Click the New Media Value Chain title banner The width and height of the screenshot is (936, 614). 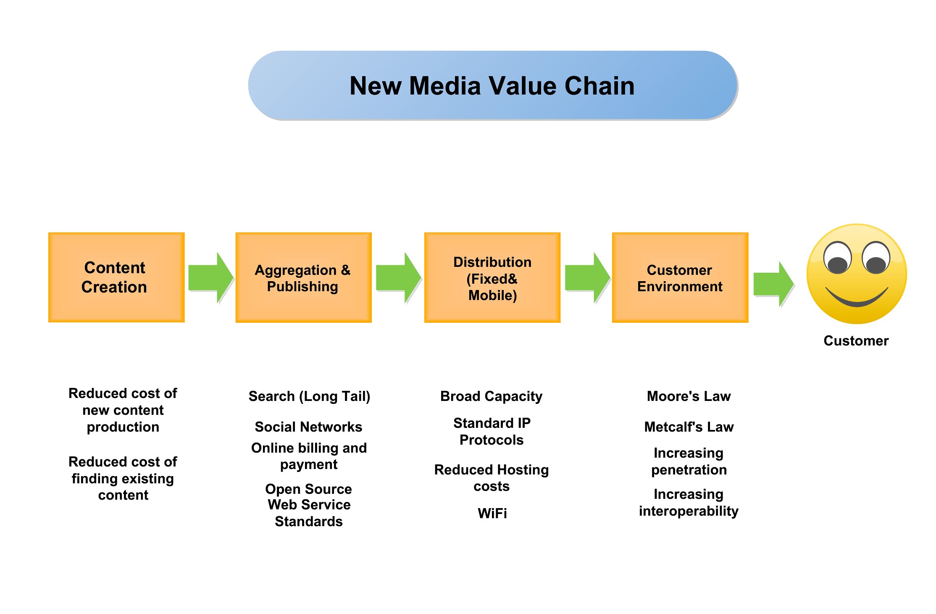click(493, 85)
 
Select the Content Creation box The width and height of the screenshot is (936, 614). click(116, 277)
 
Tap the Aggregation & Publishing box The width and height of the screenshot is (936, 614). click(304, 277)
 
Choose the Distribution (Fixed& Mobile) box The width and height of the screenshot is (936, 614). click(492, 277)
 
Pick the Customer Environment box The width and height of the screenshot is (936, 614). click(680, 277)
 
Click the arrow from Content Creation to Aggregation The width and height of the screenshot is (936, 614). click(211, 278)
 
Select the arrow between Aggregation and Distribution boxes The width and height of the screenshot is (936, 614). click(399, 278)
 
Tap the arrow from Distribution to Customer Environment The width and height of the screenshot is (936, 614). click(588, 278)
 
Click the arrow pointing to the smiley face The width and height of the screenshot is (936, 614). click(774, 284)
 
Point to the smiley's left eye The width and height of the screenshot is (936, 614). click(837, 258)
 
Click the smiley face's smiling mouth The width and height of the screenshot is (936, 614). click(857, 298)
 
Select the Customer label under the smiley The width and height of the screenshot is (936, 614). click(856, 340)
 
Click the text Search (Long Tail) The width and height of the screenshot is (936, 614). click(309, 396)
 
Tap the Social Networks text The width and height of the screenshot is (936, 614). click(308, 427)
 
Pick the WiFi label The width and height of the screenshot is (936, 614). click(492, 513)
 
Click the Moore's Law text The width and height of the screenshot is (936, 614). click(689, 396)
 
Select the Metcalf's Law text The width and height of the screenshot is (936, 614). click(689, 427)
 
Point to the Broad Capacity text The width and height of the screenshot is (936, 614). click(492, 396)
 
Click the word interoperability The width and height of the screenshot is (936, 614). click(689, 511)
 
